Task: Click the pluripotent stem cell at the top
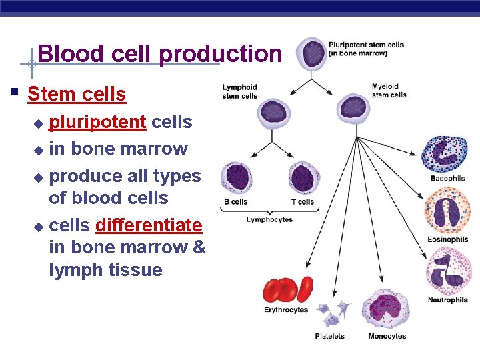tap(311, 54)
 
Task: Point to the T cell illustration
tap(304, 179)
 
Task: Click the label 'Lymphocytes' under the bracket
tap(269, 219)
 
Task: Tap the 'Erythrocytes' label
tap(286, 310)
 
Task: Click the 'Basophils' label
tap(447, 179)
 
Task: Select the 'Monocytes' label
tap(387, 336)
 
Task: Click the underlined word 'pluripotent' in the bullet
tap(98, 122)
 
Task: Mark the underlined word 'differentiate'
tap(149, 225)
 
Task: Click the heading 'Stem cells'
tap(77, 94)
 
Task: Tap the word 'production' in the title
tap(221, 53)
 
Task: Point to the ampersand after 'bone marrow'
tap(199, 247)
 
